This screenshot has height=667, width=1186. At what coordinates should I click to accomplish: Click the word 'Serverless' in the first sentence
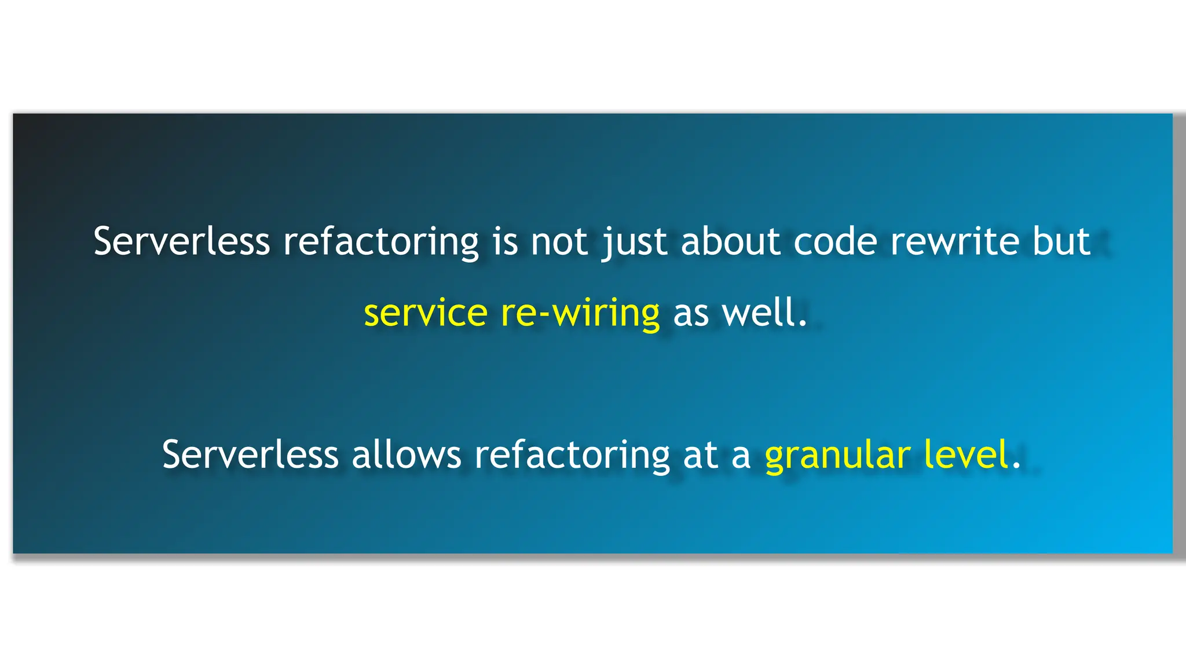[181, 241]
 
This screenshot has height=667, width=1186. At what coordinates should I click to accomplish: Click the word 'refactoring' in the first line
[380, 243]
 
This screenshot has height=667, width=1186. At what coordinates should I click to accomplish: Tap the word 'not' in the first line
[559, 241]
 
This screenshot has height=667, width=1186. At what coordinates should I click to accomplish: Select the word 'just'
[635, 243]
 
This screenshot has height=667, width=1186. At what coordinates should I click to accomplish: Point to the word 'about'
[730, 241]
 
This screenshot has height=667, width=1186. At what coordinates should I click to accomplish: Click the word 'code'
[835, 241]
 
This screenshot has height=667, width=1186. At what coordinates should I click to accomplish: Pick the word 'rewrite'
[954, 241]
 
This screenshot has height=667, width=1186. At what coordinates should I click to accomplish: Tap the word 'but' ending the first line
[1061, 241]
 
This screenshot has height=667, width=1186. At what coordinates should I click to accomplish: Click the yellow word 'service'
[426, 313]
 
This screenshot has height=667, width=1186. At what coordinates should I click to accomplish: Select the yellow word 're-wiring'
[580, 313]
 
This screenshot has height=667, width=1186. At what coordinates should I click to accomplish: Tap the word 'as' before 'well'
[691, 314]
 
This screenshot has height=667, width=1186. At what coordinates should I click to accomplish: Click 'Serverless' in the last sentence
[250, 455]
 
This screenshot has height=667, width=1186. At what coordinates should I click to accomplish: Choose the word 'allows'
[406, 455]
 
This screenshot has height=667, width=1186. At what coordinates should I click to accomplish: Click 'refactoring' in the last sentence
[572, 456]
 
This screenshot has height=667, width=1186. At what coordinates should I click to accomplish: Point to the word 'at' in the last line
[700, 456]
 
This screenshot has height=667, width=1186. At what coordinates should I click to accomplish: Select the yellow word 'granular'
[837, 456]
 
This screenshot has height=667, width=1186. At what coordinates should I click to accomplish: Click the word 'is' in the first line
[505, 241]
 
